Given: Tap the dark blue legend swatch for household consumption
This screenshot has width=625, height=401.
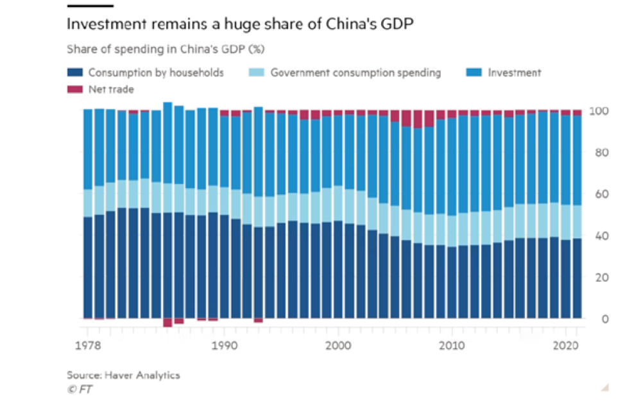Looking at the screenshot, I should (75, 73).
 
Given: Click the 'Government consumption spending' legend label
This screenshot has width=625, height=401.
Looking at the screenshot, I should (355, 73).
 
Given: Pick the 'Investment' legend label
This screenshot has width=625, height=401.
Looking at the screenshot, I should (515, 73).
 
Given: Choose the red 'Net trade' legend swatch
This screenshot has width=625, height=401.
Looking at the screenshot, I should (75, 90).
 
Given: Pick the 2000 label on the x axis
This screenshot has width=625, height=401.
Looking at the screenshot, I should (338, 343).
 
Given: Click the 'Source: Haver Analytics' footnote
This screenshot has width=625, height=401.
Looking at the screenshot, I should (123, 375).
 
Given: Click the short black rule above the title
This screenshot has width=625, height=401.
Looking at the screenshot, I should (90, 6).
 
